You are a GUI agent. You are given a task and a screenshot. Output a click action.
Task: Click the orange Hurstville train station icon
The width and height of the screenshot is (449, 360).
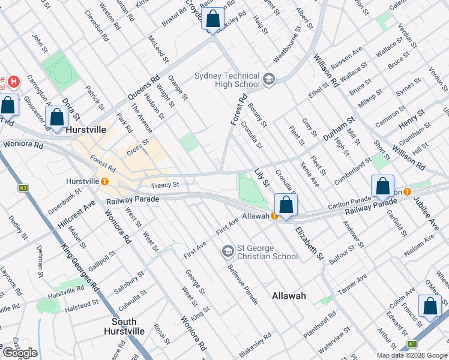point(105,181)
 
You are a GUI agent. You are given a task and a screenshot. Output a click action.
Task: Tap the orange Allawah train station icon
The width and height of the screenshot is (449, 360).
point(274,215)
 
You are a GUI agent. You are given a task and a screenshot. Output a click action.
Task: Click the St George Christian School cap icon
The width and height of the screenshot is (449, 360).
point(228,251)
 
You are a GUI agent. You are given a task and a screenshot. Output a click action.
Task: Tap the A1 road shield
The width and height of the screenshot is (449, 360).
point(412,344)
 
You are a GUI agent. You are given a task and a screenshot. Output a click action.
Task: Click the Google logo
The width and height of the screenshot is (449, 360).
point(20,353)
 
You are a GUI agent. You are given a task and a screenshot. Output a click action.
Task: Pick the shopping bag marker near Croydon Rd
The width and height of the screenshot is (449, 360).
point(212,19)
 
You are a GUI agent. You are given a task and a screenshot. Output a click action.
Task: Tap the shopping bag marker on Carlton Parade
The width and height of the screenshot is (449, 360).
point(382,187)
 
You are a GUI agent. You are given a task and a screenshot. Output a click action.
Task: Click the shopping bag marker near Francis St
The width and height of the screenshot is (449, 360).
point(430,306)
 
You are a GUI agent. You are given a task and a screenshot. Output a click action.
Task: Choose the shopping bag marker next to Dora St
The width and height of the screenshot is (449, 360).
point(57,118)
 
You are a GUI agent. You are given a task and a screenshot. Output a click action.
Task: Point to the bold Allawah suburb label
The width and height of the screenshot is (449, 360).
point(289,296)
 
